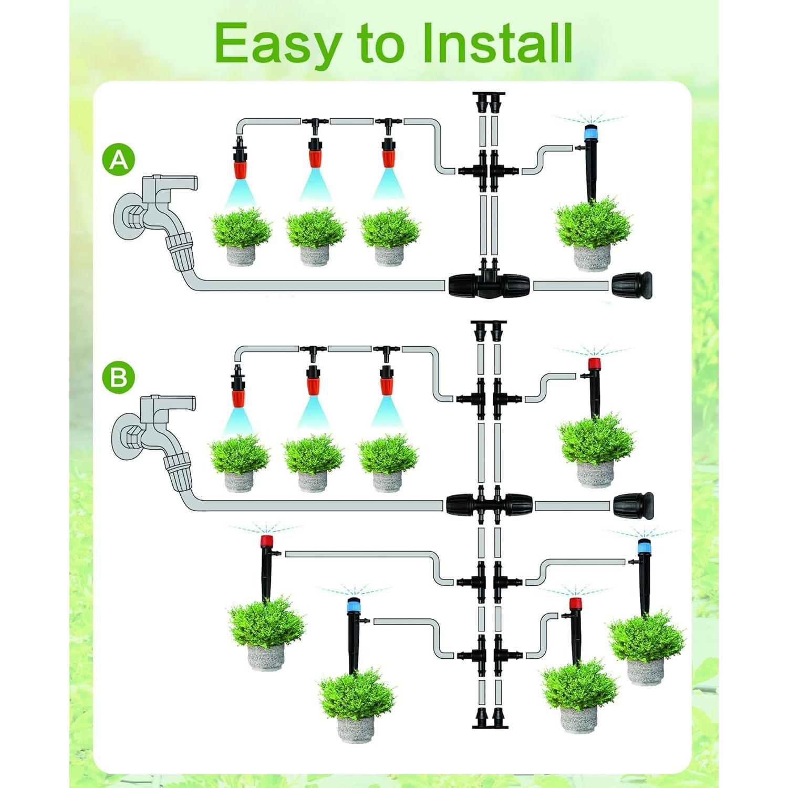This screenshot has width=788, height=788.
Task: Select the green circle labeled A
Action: (119, 160)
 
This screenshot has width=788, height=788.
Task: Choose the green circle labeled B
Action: (119, 377)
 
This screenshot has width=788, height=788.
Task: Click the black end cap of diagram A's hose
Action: (633, 286)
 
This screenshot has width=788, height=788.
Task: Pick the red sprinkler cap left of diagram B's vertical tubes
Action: (267, 542)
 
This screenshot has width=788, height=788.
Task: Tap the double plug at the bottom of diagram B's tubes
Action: (489, 718)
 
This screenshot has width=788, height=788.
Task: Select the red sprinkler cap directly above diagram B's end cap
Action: (594, 364)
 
